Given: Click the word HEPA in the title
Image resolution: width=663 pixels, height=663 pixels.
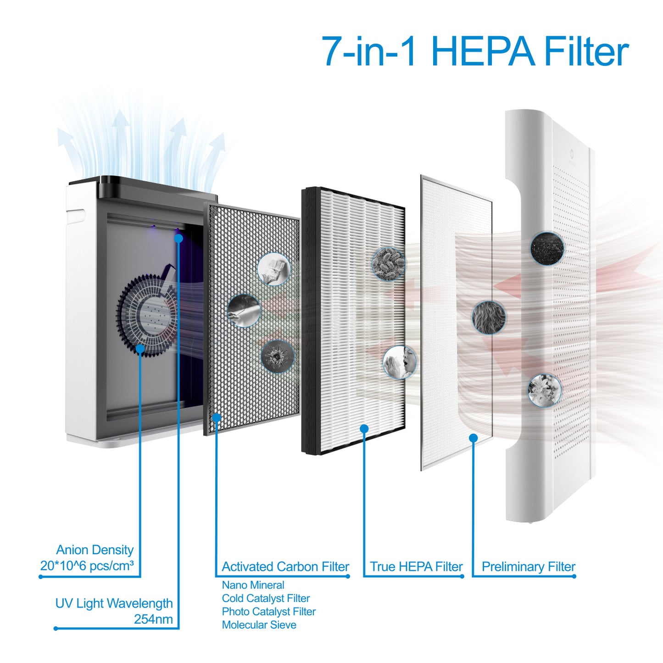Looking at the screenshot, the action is click(x=483, y=51).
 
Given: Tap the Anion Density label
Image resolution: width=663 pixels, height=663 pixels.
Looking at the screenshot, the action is click(x=95, y=550).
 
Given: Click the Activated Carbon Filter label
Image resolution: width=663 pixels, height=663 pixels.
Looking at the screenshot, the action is click(x=285, y=567).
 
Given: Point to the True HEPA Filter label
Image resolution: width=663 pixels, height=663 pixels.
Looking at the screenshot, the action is click(x=416, y=567).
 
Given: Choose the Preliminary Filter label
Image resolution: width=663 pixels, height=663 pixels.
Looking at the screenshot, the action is click(x=529, y=567).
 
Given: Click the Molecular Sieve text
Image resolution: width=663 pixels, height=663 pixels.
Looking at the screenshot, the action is click(x=259, y=635).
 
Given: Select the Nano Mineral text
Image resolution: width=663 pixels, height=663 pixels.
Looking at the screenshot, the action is click(x=253, y=585).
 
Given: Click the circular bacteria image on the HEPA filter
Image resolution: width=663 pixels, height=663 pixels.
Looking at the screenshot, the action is click(x=389, y=264).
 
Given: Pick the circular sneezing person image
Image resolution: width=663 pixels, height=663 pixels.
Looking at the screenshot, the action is click(x=400, y=362).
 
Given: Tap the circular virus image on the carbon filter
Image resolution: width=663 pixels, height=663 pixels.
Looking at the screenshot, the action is click(x=277, y=357).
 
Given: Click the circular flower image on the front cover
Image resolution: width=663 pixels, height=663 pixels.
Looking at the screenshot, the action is click(x=545, y=390).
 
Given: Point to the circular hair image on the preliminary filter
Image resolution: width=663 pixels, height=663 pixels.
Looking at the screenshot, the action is click(x=489, y=317).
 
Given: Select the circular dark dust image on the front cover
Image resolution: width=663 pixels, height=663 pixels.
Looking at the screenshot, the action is click(x=547, y=248).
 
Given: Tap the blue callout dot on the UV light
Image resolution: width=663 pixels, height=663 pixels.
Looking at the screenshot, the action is click(x=178, y=239).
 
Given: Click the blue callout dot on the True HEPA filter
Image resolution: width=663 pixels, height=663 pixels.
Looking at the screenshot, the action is click(x=364, y=429).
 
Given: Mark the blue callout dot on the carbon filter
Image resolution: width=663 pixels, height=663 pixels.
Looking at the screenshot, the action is click(x=217, y=418).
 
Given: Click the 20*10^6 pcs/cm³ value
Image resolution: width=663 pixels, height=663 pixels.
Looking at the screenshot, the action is click(x=87, y=566).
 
